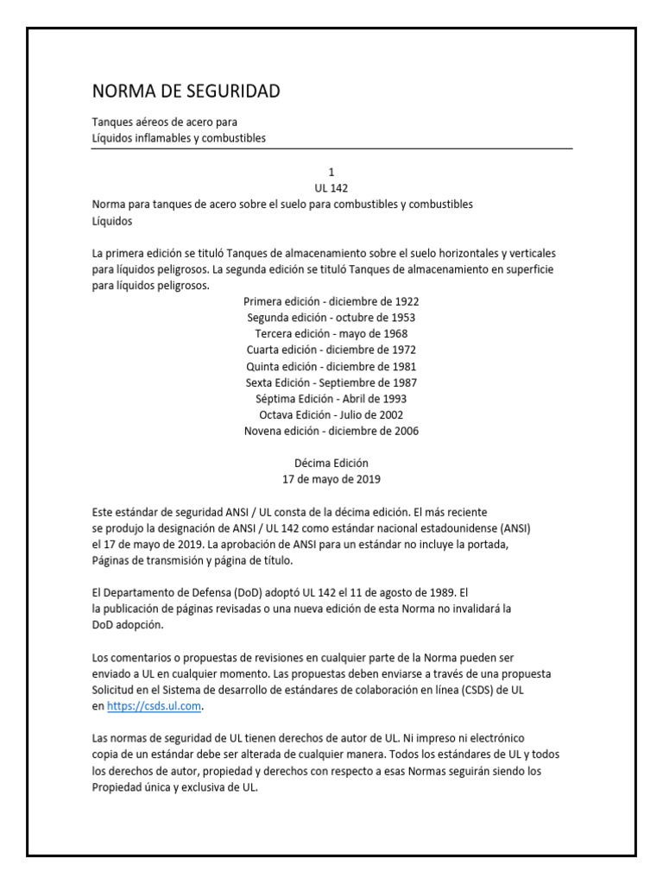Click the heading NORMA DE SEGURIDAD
click(186, 92)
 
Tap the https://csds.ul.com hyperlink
click(154, 705)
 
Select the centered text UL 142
click(331, 188)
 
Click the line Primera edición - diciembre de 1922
click(331, 301)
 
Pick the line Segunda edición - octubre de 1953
click(331, 318)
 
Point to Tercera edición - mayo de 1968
click(331, 334)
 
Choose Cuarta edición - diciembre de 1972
click(331, 350)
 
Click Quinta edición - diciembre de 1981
click(331, 366)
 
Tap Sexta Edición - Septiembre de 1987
click(331, 382)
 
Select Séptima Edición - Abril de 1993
click(331, 399)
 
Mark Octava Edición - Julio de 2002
click(331, 415)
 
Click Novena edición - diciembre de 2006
click(331, 431)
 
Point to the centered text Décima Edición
click(331, 463)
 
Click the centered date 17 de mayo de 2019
click(331, 479)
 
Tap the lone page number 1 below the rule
click(331, 172)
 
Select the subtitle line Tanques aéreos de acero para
click(164, 123)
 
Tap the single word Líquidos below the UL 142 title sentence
click(112, 220)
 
